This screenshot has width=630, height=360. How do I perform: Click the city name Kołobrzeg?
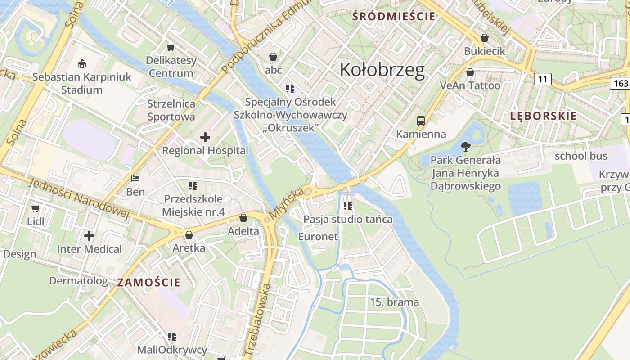point(382,70)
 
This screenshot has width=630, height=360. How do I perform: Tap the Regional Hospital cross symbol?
point(205,137)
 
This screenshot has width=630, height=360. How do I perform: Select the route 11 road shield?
point(543,79)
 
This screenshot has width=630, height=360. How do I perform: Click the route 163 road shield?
point(620,83)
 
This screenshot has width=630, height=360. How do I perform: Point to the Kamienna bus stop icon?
point(421,121)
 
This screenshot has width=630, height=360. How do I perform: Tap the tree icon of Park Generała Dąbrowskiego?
point(466,146)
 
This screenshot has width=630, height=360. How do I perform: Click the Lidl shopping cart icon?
point(36,208)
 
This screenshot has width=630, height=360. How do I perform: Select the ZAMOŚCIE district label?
point(149,283)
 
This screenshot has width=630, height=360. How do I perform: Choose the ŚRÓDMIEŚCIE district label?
point(394,17)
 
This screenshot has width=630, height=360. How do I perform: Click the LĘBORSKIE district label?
point(543,116)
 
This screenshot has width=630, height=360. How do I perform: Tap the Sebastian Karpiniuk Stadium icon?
point(82,63)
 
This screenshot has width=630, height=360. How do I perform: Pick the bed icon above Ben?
point(135,179)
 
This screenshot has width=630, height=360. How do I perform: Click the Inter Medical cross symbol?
point(89,235)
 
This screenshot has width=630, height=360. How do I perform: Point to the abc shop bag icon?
point(273,57)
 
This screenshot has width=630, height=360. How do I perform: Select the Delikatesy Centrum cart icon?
point(171,47)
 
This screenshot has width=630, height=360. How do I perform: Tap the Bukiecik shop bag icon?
point(485,38)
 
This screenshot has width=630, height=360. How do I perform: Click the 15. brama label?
point(394,302)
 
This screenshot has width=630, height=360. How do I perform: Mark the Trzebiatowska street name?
point(257,319)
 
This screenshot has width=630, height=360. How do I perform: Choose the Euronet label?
point(318,237)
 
